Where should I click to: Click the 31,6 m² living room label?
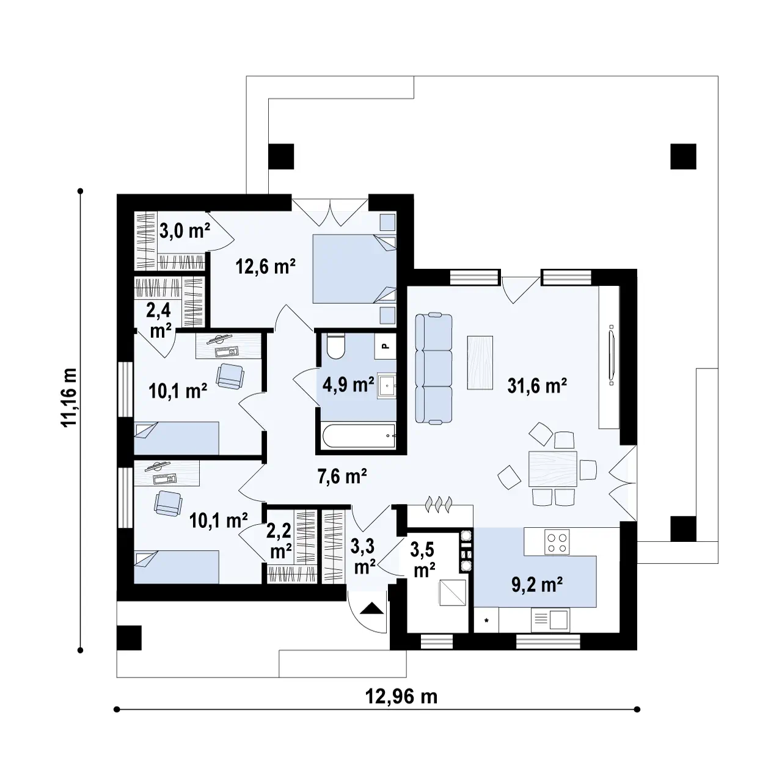pos(536,386)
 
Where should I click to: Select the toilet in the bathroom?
pos(335,345)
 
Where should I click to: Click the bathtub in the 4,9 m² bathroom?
pos(359,436)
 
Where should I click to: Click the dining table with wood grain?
pos(552,469)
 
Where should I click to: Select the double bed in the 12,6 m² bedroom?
pos(354,268)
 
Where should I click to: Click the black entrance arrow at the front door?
pos(372,608)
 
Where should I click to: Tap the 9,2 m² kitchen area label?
pos(536,585)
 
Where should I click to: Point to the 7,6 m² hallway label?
pos(342,476)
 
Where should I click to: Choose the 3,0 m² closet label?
pos(185,231)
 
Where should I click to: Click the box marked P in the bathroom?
pos(386,346)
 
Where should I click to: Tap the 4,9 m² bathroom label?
pos(348,384)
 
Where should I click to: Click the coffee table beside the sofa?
pos(480,363)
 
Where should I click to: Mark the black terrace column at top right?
pos(684,156)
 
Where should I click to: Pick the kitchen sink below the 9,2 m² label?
pos(550,619)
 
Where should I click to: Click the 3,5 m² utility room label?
pos(424,560)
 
